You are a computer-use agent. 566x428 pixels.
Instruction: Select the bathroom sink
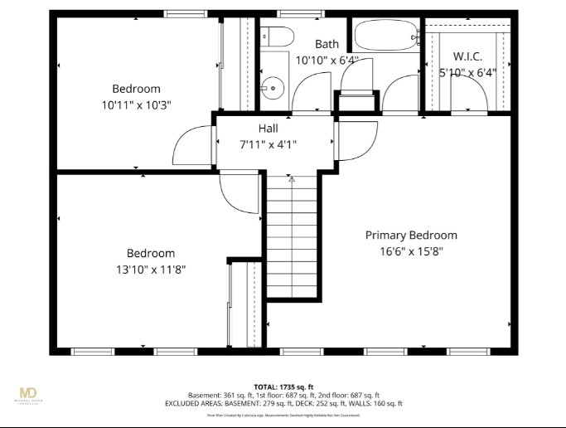271,87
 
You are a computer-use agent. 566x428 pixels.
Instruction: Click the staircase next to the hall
291,236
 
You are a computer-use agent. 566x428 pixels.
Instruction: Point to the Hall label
268,129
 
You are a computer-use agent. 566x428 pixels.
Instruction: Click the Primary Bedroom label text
411,235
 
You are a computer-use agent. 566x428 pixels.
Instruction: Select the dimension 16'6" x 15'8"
411,251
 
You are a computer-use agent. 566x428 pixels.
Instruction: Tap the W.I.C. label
467,56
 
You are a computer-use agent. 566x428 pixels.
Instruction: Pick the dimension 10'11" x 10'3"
137,105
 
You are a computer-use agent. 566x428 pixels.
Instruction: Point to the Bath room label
327,43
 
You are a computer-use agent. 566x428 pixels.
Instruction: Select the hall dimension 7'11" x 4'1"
268,144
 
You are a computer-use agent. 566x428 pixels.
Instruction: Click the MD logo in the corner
29,393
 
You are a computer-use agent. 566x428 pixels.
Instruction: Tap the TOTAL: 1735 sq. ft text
283,387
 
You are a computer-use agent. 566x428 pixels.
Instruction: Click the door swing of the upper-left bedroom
191,146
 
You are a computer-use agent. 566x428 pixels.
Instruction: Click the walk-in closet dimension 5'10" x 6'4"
467,72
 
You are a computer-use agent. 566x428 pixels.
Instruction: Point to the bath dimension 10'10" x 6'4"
327,60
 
